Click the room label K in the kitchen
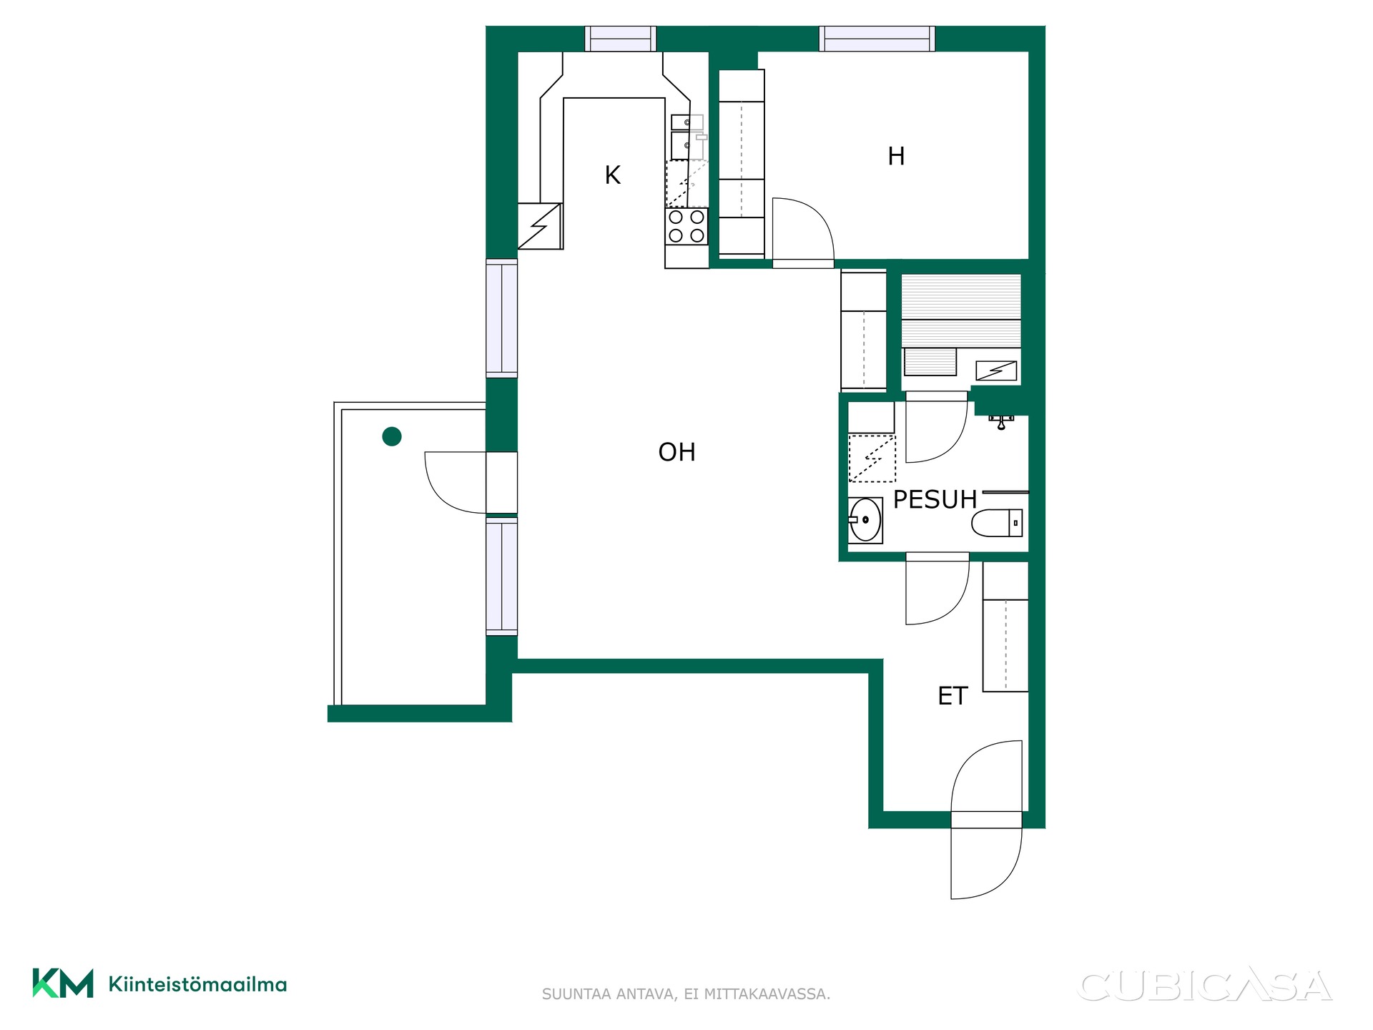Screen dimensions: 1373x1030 click(612, 175)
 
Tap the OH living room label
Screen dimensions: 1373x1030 click(676, 452)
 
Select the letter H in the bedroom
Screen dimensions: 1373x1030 click(896, 156)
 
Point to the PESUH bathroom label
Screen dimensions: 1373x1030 click(935, 499)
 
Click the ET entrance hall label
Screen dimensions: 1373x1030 click(953, 696)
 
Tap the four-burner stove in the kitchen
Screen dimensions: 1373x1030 click(686, 226)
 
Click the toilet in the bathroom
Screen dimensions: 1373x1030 click(997, 522)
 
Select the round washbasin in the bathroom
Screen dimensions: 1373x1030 click(865, 519)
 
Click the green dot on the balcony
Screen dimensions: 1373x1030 click(392, 436)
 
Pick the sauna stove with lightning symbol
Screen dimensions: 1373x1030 click(996, 371)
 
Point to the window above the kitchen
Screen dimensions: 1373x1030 click(620, 39)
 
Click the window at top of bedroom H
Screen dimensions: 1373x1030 click(877, 39)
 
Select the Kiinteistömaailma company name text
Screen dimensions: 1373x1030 click(197, 984)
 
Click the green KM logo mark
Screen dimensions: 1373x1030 click(63, 983)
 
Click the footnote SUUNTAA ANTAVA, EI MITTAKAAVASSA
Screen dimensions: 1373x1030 click(686, 994)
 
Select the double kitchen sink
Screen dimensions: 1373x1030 click(687, 137)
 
